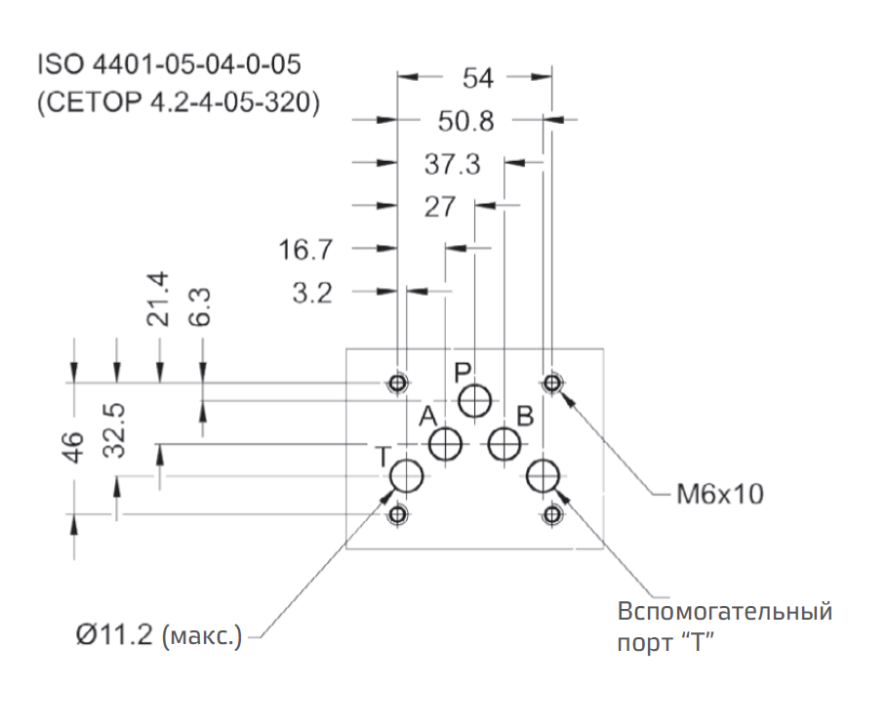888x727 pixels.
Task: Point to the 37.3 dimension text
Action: point(452,165)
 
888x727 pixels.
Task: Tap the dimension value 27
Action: point(441,207)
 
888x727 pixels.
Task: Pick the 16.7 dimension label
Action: point(305,250)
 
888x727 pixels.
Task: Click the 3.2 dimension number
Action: point(312,292)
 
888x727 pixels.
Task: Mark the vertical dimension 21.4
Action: point(159,300)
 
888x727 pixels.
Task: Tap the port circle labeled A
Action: point(446,445)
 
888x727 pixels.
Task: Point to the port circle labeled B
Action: point(505,445)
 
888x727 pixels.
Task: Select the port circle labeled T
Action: point(407,477)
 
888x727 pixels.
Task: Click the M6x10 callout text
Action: point(719,495)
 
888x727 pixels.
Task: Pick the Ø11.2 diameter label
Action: point(157,637)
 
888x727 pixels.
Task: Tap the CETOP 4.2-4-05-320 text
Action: point(178,102)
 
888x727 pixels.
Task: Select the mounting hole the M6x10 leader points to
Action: point(552,382)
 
